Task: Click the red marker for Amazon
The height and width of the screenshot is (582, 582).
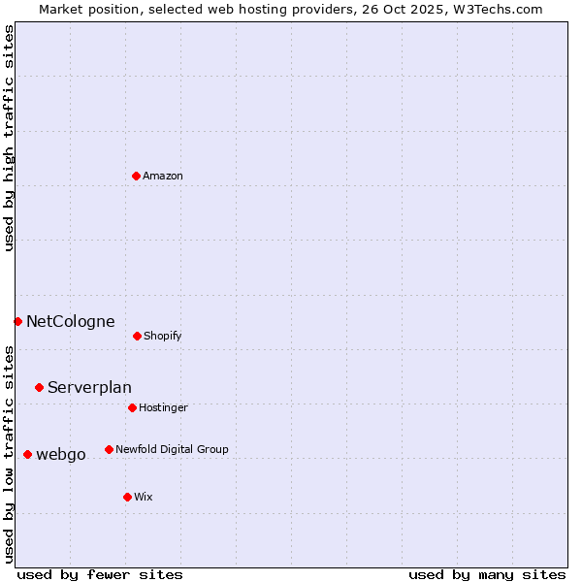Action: [136, 176]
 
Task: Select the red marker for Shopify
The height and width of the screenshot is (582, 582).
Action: [137, 336]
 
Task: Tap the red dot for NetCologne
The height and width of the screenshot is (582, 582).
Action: [17, 321]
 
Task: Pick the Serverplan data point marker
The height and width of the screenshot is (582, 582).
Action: [39, 387]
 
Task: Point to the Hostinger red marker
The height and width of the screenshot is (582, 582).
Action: [132, 407]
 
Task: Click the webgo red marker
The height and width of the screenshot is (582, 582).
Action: [27, 454]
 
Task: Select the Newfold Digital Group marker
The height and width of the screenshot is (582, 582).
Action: [109, 449]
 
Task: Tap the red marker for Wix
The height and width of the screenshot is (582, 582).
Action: [127, 497]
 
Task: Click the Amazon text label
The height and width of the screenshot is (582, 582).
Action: [163, 176]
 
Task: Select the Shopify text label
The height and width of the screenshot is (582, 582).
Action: [163, 336]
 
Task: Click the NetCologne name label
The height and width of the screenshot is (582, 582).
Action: [71, 321]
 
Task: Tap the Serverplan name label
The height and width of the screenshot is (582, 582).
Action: [89, 387]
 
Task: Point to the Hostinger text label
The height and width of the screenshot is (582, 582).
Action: [163, 407]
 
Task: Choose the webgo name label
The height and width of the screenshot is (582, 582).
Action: [61, 454]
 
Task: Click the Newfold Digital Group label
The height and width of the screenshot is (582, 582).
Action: [172, 449]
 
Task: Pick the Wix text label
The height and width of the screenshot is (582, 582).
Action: [144, 497]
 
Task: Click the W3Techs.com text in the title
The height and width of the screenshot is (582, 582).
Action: [500, 9]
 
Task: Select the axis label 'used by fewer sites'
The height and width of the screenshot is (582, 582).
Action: [100, 574]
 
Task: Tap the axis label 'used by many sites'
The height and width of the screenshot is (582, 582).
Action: [487, 574]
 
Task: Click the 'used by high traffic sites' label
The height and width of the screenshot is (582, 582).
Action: [9, 139]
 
